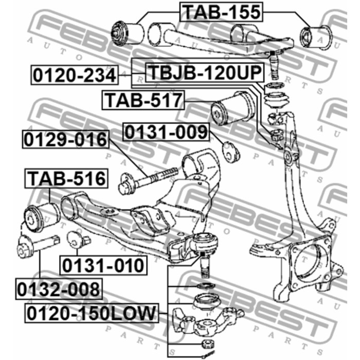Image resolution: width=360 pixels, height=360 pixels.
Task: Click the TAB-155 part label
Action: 221,12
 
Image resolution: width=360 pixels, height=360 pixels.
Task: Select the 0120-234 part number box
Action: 75,75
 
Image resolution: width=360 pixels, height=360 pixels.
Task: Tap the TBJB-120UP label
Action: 205,72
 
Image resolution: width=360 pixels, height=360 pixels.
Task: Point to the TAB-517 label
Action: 143,100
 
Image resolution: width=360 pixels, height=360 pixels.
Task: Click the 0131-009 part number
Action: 166,132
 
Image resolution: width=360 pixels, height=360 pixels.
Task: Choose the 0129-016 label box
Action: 66,139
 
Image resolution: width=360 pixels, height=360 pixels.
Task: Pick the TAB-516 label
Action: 66,178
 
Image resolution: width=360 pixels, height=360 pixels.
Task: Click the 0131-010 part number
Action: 103,265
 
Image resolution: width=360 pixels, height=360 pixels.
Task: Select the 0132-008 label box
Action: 59,290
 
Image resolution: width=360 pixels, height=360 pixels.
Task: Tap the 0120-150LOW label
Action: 92,313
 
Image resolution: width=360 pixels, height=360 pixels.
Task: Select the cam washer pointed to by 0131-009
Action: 231,152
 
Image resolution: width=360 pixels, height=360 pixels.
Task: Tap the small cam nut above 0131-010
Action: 78,240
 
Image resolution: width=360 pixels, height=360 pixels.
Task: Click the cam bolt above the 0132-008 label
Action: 38,246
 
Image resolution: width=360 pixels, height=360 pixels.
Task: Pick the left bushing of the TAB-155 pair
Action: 127,32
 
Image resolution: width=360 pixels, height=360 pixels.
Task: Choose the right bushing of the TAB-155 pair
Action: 316,38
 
